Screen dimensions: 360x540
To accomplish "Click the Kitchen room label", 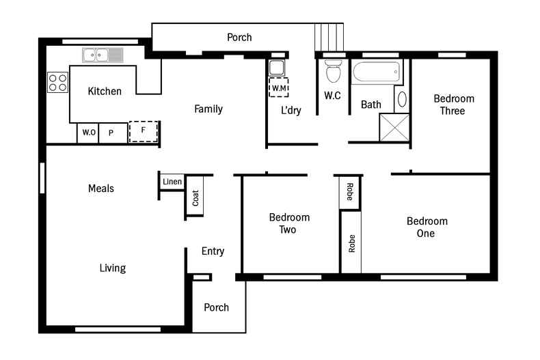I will coord(105,91).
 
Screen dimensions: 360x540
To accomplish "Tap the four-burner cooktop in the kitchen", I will coord(57,82).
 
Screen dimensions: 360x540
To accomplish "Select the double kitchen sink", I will coord(102,55).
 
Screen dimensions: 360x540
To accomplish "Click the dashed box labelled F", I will coord(144,130).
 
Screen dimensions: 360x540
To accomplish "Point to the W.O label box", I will coord(88,133).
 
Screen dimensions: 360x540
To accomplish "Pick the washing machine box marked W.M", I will coord(279,88).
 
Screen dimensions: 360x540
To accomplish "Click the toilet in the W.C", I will coord(334,70).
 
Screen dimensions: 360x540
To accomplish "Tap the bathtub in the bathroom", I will coord(376,70).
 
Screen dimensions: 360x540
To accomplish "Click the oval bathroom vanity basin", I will coord(401,99).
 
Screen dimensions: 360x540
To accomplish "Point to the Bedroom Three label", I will coord(454,105).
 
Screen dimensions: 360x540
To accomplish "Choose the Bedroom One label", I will coord(427,227).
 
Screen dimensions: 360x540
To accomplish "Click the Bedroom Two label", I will coord(288,223).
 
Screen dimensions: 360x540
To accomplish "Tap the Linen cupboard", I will coord(172,182).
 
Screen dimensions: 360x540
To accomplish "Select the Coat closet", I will coord(195,197).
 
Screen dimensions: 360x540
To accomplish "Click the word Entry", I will coord(213,251).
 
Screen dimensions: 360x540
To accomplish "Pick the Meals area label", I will coord(101,189).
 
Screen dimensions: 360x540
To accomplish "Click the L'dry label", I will coord(291,111).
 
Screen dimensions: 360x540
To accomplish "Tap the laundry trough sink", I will coord(277,68).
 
